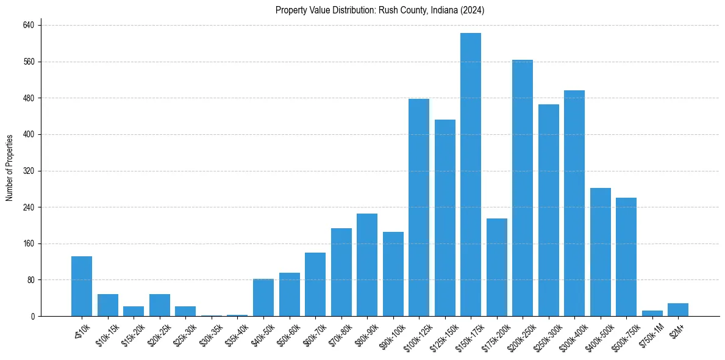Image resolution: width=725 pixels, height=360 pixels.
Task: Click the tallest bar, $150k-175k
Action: [x=470, y=175]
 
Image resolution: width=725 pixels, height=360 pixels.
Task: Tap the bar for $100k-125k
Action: [x=418, y=207]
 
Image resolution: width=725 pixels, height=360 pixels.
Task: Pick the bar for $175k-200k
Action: [x=496, y=267]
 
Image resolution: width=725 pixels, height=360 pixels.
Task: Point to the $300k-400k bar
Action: [x=574, y=203]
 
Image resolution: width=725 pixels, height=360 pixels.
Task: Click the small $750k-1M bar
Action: [x=652, y=314]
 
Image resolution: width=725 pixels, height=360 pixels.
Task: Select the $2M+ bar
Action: [x=677, y=310]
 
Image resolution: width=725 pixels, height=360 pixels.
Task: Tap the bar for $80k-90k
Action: [x=366, y=265]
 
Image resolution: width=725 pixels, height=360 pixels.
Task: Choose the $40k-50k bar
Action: [x=263, y=298]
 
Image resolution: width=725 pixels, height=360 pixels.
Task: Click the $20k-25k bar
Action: [x=159, y=305]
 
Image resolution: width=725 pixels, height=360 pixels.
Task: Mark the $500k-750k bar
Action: [x=626, y=257]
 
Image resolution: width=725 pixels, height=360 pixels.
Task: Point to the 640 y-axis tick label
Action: [x=29, y=26]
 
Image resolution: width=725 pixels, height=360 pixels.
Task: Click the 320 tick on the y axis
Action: [x=29, y=171]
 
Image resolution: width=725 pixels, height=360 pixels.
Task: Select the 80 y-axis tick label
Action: [x=30, y=280]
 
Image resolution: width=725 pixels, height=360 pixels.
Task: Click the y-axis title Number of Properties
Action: [x=9, y=168]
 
